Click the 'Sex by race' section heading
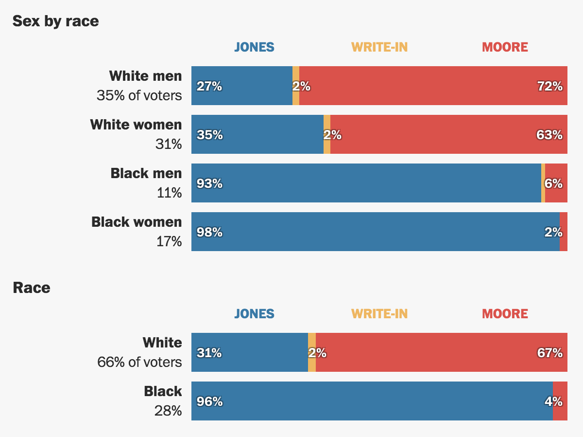point(55,21)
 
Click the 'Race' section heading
point(31,288)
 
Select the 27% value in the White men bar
point(209,87)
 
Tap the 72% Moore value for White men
point(549,87)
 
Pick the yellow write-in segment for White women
point(327,134)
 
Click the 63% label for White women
point(549,135)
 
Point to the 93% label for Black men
point(209,183)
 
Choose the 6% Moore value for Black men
point(553,183)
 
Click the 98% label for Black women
point(209,232)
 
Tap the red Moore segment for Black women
point(564,232)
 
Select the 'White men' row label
point(145,76)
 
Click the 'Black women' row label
point(137,222)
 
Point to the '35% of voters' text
point(139,95)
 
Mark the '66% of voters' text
point(139,362)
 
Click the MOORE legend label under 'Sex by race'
point(505,47)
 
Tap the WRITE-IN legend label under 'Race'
point(379,314)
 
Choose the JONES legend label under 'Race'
point(254,314)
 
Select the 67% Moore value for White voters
point(549,353)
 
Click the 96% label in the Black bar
point(209,401)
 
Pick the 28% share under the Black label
point(168,411)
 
